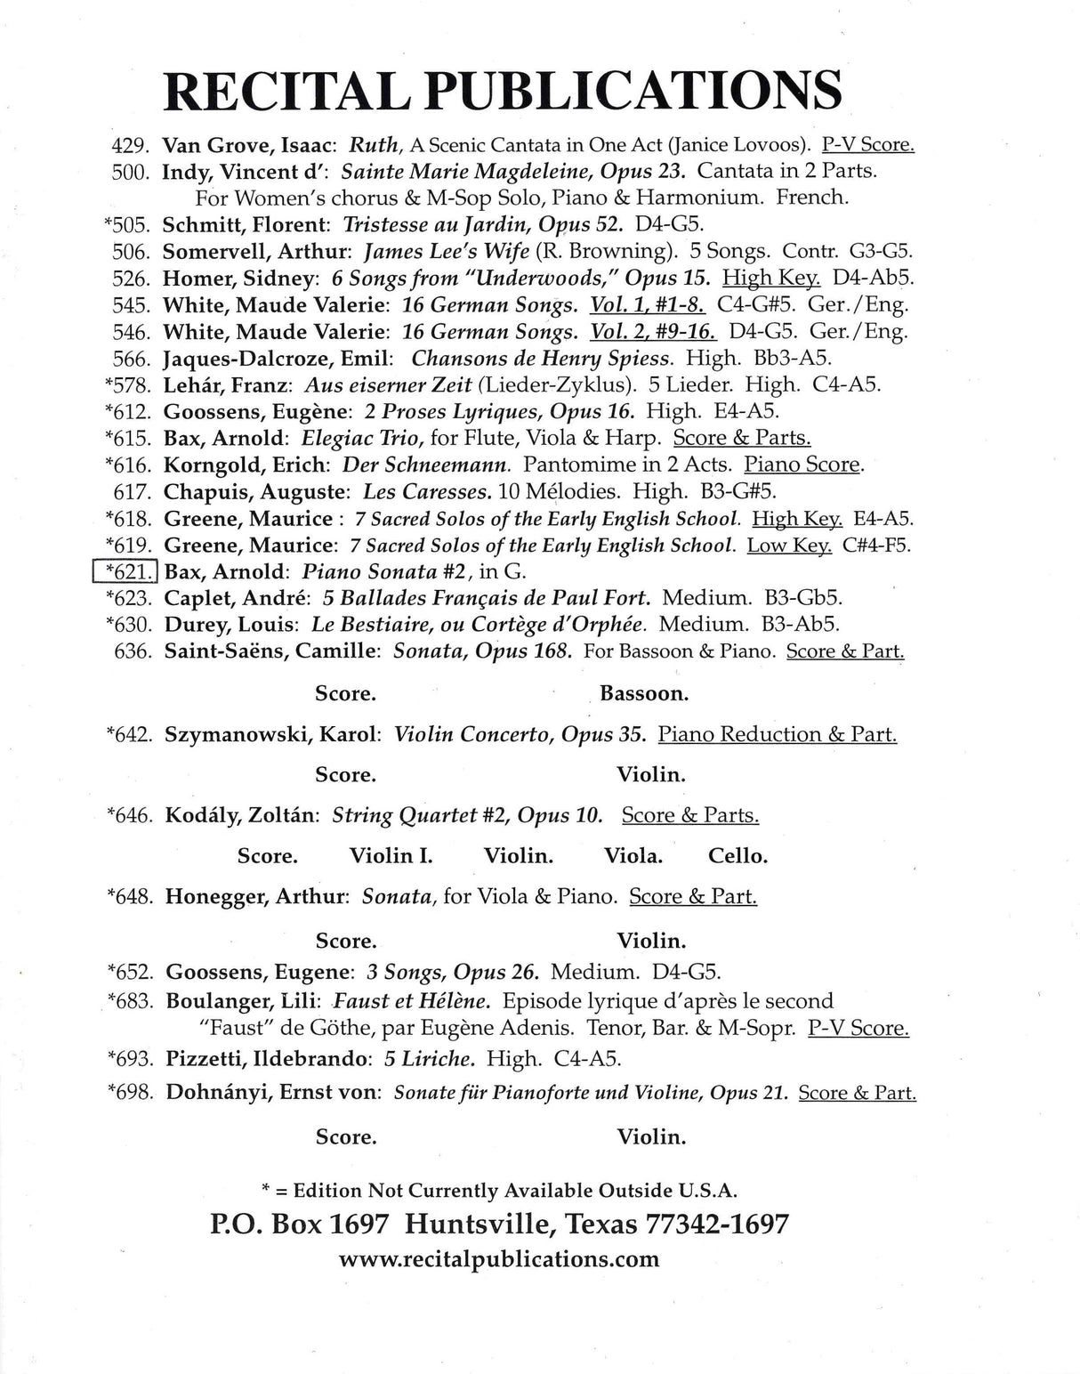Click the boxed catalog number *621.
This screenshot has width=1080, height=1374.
pyautogui.click(x=125, y=571)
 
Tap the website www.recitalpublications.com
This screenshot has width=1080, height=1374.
pyautogui.click(x=499, y=1258)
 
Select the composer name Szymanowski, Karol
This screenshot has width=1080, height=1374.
pyautogui.click(x=273, y=735)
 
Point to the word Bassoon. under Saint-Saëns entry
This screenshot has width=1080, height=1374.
pyautogui.click(x=644, y=693)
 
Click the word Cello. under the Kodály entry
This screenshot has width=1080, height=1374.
pyautogui.click(x=737, y=856)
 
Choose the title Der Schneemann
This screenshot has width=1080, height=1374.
pyautogui.click(x=427, y=465)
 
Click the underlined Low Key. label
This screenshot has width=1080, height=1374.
pyautogui.click(x=789, y=545)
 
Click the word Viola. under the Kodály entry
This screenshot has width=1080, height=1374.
pyautogui.click(x=633, y=856)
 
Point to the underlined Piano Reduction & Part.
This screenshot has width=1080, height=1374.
pyautogui.click(x=777, y=735)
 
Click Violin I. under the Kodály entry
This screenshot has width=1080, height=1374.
pyautogui.click(x=391, y=856)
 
